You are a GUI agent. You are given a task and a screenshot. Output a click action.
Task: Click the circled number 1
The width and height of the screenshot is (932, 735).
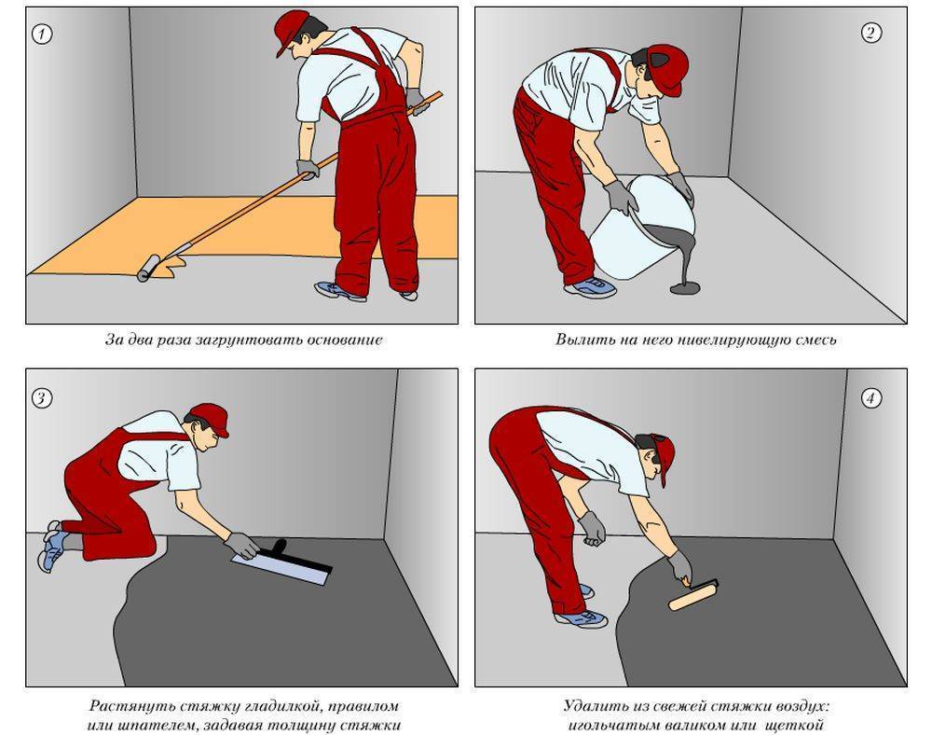point(42,34)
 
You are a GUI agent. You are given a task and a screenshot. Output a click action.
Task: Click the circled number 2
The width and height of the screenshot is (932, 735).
point(870,33)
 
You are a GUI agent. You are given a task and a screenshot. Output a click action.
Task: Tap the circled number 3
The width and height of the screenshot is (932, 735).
point(42,398)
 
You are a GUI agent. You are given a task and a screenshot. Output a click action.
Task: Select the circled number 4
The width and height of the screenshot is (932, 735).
point(870,398)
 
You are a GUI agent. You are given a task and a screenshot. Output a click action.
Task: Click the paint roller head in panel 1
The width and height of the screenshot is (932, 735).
point(148,269)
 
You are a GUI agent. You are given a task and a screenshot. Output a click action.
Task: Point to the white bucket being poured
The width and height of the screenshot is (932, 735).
point(643,229)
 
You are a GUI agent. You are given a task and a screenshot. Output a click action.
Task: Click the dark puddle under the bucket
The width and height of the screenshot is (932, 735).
point(685,288)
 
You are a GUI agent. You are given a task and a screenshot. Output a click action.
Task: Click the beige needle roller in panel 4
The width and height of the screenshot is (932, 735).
point(692,597)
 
